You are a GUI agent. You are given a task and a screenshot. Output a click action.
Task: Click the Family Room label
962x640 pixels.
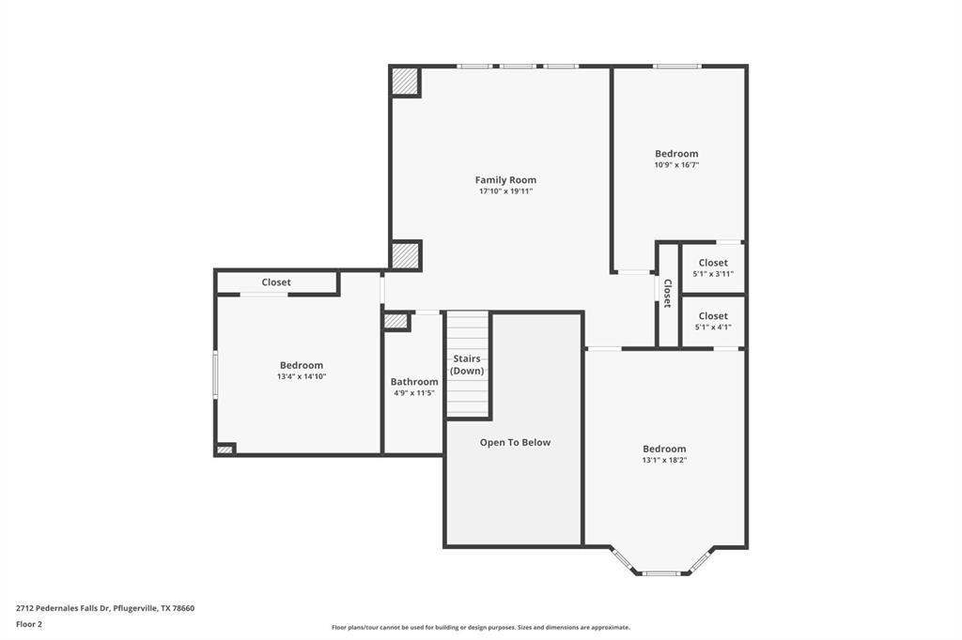click(x=505, y=179)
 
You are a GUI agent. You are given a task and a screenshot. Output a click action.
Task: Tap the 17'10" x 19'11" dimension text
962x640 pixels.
click(x=505, y=191)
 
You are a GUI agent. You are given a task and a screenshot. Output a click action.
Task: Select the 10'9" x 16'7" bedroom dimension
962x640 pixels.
click(x=676, y=165)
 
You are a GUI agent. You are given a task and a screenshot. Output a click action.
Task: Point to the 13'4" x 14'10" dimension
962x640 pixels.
click(x=301, y=376)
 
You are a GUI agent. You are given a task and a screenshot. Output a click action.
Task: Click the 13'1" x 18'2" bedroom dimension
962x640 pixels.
click(x=664, y=460)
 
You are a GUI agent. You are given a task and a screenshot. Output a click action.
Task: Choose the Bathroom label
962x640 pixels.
click(x=414, y=382)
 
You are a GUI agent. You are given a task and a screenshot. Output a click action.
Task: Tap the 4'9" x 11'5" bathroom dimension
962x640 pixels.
click(x=414, y=393)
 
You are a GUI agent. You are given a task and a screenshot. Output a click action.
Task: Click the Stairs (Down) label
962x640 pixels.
click(x=467, y=365)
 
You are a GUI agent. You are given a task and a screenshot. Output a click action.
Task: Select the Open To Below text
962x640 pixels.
click(x=515, y=442)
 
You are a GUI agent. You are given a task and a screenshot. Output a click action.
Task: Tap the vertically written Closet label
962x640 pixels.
click(x=668, y=294)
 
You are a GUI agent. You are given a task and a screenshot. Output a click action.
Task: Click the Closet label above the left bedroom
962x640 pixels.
click(x=276, y=282)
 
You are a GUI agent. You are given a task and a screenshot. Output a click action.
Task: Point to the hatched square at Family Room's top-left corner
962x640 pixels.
click(x=406, y=82)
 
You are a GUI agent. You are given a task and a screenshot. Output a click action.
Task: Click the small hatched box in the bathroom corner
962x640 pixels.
click(x=396, y=321)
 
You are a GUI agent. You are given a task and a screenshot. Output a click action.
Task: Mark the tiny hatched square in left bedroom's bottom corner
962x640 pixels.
click(x=225, y=450)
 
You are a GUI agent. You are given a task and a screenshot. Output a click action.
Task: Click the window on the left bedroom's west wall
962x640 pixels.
click(x=215, y=374)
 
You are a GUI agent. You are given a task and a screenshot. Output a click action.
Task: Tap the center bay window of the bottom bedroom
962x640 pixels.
click(x=660, y=572)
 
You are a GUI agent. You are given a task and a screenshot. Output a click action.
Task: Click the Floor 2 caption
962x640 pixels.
click(x=29, y=624)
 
